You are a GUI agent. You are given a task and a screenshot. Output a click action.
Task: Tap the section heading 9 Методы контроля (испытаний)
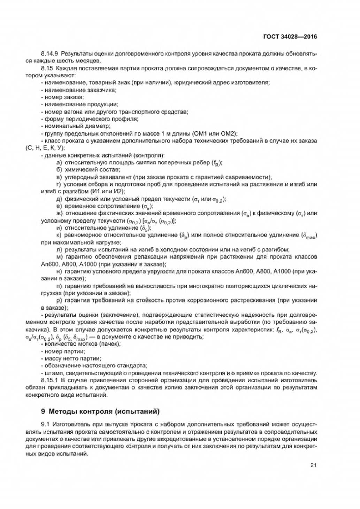(x=100, y=411)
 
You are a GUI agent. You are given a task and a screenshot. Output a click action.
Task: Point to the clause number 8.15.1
(x=48, y=380)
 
